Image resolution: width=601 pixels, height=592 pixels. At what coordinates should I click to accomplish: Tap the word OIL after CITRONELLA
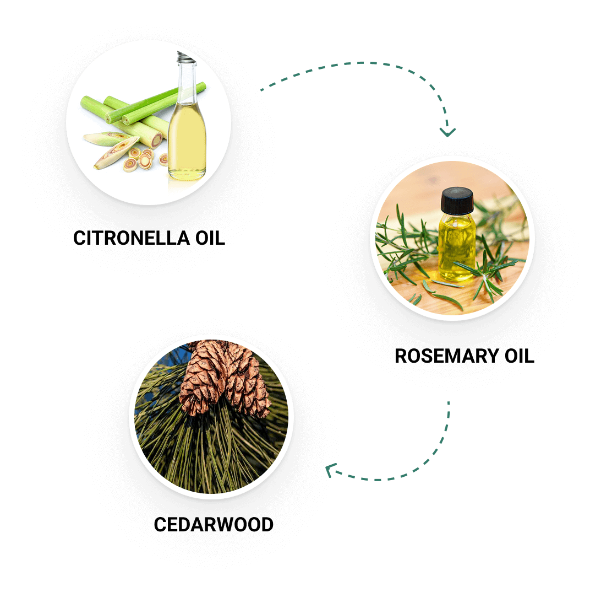click(x=210, y=238)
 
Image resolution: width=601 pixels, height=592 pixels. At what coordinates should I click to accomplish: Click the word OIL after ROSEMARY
click(x=520, y=356)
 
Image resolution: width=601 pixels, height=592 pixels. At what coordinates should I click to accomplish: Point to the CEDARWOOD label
click(x=214, y=524)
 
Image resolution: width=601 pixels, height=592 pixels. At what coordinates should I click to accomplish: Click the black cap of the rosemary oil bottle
click(x=457, y=201)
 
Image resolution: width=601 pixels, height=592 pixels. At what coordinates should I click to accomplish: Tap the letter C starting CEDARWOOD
click(x=160, y=524)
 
